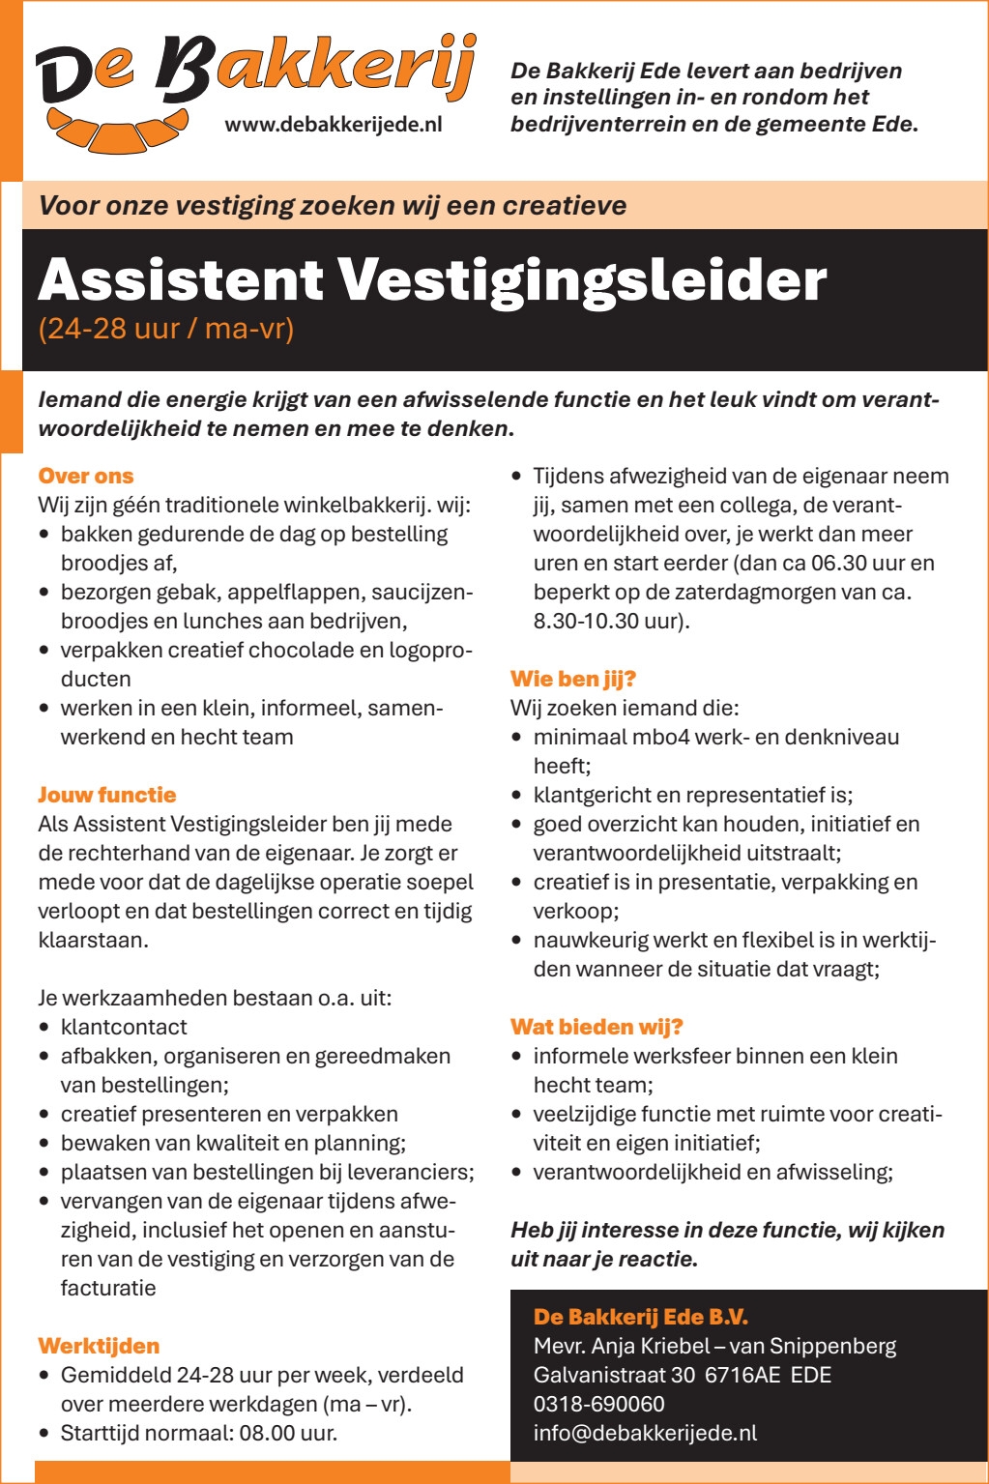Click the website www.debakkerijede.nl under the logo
click(333, 124)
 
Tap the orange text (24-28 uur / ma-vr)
click(165, 329)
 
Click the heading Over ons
click(85, 476)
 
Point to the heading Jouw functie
click(106, 795)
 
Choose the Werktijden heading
click(99, 1346)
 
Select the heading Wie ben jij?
click(572, 679)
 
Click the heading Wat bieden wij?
click(596, 1027)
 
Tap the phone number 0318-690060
click(598, 1404)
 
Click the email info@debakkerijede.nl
click(645, 1433)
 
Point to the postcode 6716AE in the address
click(742, 1375)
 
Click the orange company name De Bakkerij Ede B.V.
click(641, 1317)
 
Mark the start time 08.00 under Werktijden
click(267, 1433)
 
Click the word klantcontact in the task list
click(124, 1027)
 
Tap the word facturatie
click(108, 1288)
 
